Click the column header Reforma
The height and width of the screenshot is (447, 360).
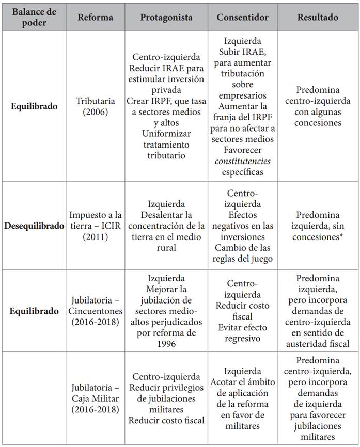click(x=95, y=17)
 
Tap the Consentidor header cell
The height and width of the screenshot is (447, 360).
click(x=242, y=17)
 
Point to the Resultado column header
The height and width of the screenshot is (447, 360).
click(x=318, y=17)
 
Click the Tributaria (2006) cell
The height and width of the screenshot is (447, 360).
click(x=95, y=106)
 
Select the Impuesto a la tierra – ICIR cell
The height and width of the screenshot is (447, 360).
click(x=95, y=226)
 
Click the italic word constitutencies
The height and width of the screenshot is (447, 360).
click(x=243, y=161)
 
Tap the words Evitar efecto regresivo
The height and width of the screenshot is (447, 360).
click(x=243, y=333)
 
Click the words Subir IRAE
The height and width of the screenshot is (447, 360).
click(x=243, y=52)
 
